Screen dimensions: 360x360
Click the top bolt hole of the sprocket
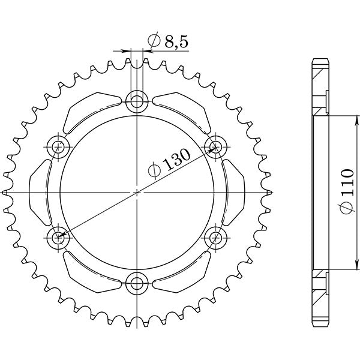[137, 100]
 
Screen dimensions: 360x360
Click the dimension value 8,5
[171, 41]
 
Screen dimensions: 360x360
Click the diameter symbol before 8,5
[152, 41]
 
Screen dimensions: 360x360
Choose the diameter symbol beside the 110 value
[347, 208]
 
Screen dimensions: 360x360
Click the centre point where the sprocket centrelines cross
[137, 192]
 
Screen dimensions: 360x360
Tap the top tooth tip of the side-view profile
[320, 61]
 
